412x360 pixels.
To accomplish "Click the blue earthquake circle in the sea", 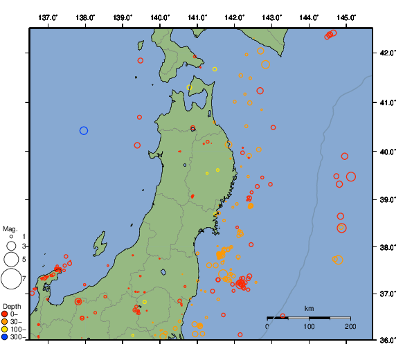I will tap(84, 130).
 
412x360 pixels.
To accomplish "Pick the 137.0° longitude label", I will tap(48, 17).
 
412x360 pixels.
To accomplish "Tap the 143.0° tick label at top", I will tap(271, 17).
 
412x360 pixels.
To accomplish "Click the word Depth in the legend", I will tap(12, 305).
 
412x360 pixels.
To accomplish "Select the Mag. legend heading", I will tap(10, 228).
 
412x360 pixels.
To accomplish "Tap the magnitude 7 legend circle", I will tap(10, 279).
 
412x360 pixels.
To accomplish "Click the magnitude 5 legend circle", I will tap(10, 259).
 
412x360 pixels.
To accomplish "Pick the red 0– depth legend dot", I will tap(5, 314).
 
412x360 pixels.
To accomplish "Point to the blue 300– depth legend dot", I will tap(5, 337).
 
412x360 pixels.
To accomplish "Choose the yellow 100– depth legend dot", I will tap(5, 330).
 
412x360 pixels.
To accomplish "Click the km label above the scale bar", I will tap(309, 308).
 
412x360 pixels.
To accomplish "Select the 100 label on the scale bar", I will tap(309, 327).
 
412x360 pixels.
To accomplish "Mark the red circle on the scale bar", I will tap(283, 316).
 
